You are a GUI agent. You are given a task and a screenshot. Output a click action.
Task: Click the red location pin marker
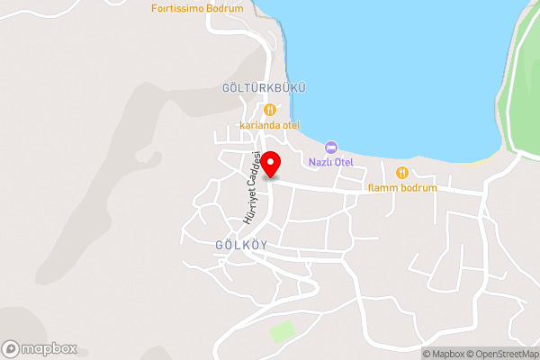[270, 166]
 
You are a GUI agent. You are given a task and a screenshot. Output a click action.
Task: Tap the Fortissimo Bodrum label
[197, 8]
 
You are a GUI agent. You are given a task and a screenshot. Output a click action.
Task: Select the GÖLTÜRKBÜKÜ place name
[264, 88]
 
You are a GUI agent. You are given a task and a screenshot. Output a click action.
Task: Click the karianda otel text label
[269, 125]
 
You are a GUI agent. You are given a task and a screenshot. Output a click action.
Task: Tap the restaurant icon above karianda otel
[268, 110]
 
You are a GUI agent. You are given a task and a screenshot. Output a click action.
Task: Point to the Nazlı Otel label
[330, 162]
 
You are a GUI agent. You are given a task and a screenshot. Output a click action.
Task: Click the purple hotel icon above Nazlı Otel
[330, 147]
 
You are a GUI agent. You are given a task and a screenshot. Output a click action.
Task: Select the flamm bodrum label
[402, 188]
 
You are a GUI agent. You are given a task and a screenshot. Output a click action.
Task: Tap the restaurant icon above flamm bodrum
[401, 172]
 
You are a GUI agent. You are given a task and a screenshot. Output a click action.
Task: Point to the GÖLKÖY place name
[241, 245]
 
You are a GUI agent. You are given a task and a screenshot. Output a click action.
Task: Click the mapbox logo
[40, 348]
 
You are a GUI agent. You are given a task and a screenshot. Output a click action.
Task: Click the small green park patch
[283, 330]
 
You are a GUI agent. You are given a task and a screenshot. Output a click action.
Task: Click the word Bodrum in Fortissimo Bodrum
[224, 8]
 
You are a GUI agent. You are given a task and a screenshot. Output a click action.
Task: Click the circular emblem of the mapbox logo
[11, 348]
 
